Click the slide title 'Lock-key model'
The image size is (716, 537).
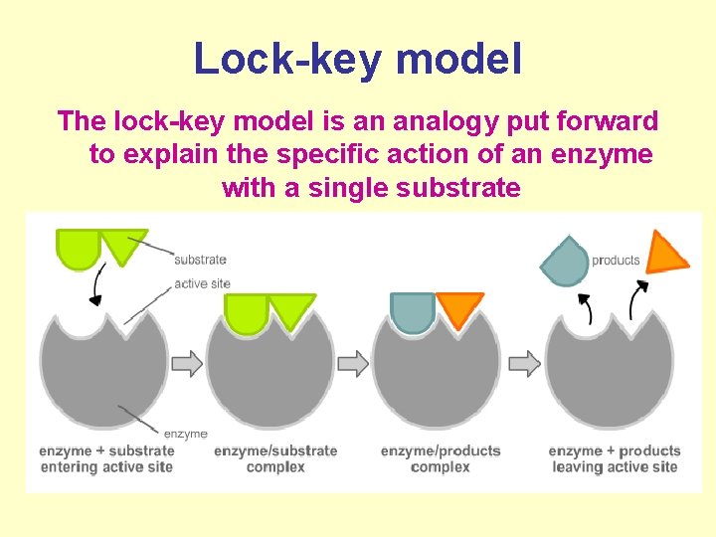(x=357, y=59)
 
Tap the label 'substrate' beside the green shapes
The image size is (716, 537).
(x=200, y=260)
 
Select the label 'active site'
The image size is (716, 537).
(x=202, y=283)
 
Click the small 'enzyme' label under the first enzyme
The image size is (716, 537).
(x=185, y=434)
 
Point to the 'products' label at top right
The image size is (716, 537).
(x=616, y=261)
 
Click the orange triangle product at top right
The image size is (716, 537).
(x=664, y=254)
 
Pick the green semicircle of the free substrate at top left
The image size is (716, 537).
(x=79, y=248)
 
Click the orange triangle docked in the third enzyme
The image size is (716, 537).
(x=459, y=308)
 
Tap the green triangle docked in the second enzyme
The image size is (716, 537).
(x=291, y=309)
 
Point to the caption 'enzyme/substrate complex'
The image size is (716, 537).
(x=275, y=458)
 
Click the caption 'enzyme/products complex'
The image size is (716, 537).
(x=441, y=458)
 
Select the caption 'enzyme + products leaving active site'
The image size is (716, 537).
(x=614, y=458)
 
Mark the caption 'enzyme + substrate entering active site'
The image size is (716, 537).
(x=106, y=458)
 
